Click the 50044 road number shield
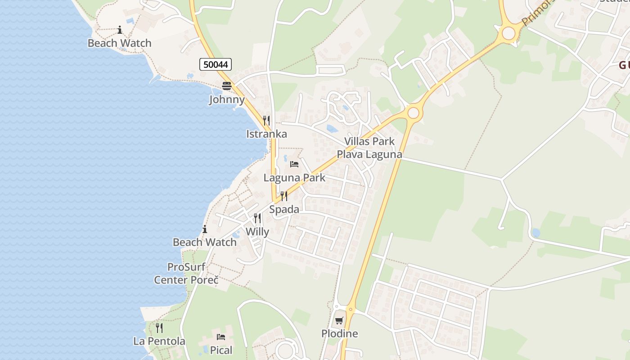pos(216,64)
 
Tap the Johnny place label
pos(227,99)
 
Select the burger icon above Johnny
pos(227,86)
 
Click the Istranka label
pos(266,134)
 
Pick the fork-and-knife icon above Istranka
pos(266,120)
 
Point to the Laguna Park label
pos(294,177)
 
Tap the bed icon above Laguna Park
pos(294,164)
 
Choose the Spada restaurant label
pos(284,209)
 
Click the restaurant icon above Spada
pos(284,196)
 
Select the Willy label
pos(257,232)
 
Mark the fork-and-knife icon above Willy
pos(257,218)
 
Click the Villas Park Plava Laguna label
pos(369,148)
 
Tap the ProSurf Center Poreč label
pos(186,273)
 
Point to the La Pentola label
pos(159,341)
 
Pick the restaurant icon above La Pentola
pos(159,328)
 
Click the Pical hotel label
pos(221,350)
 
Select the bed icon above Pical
pos(221,337)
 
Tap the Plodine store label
pos(339,333)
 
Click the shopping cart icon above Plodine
pos(339,320)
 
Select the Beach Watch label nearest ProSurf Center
pos(205,242)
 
